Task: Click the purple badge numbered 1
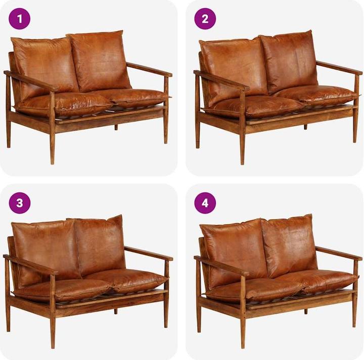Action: pyautogui.click(x=20, y=19)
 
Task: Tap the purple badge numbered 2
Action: pyautogui.click(x=205, y=19)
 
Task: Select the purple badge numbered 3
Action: pyautogui.click(x=20, y=203)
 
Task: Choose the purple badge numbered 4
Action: pyautogui.click(x=205, y=203)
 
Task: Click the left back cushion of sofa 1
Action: pyautogui.click(x=44, y=63)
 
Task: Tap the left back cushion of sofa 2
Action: pyautogui.click(x=232, y=63)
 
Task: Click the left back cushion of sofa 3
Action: pyautogui.click(x=46, y=246)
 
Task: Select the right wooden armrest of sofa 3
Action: pyautogui.click(x=149, y=253)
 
